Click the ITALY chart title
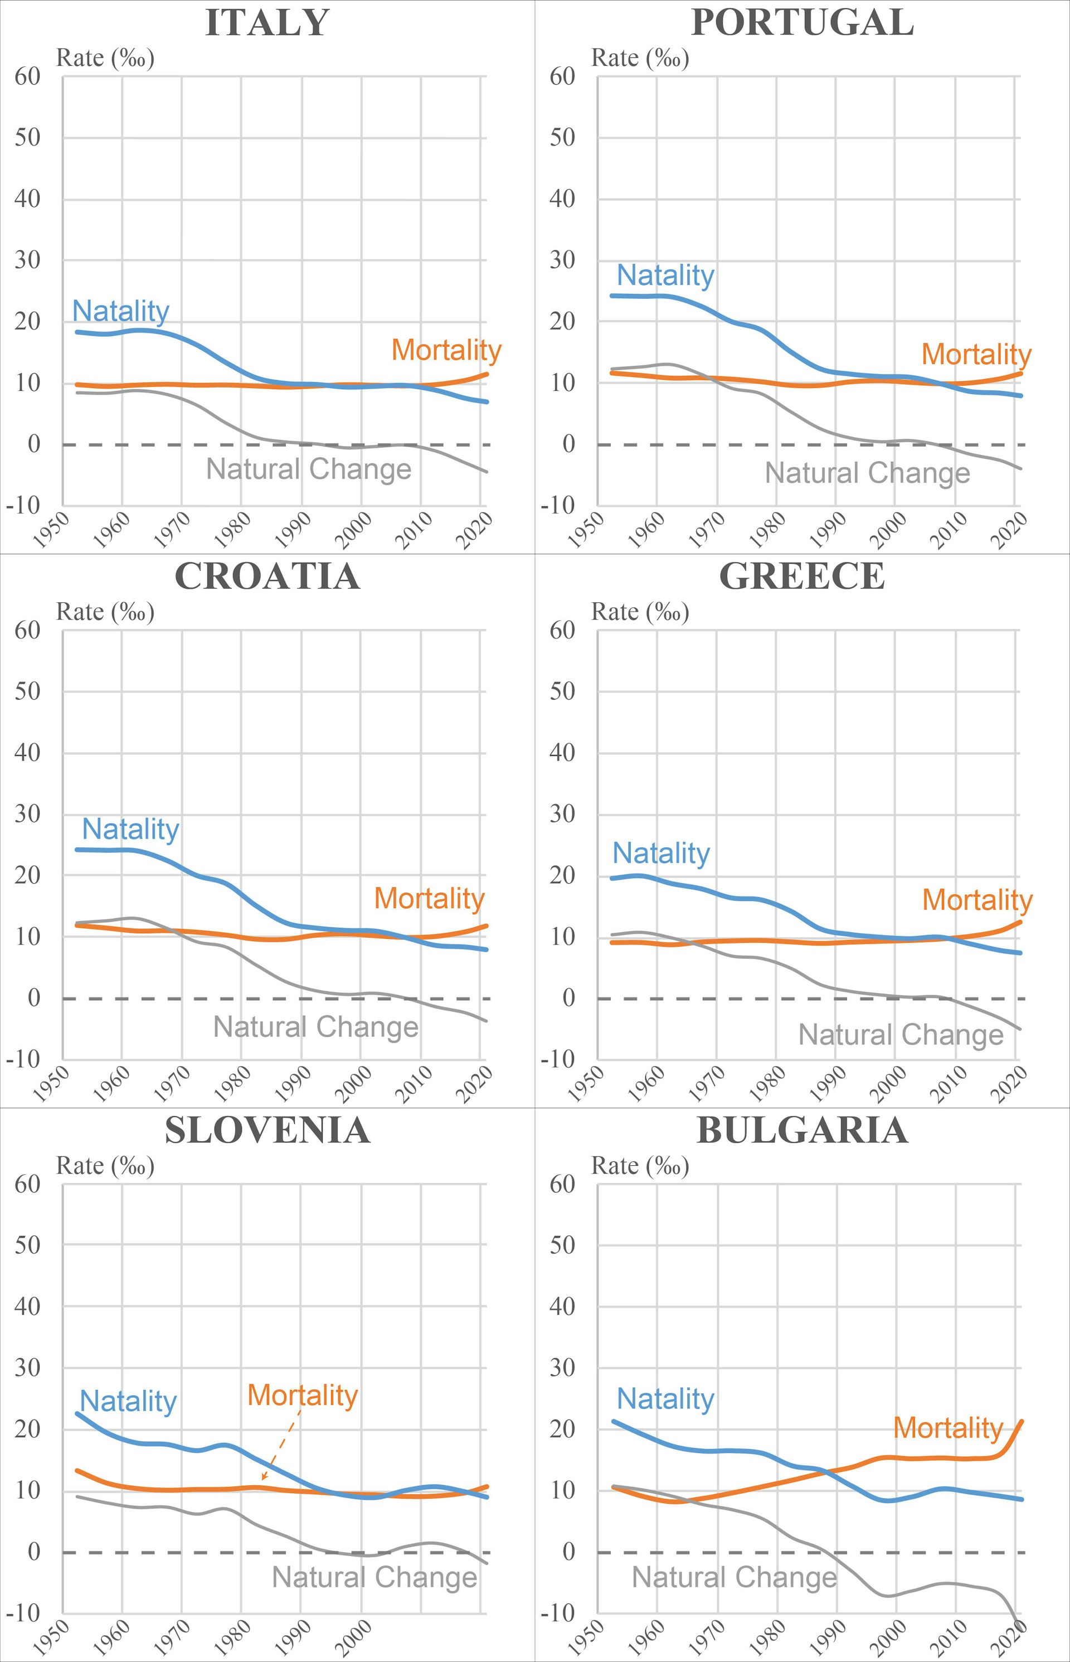[267, 23]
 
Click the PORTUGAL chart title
[802, 23]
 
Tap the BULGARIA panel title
[802, 1130]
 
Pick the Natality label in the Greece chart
[661, 853]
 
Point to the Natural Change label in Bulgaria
[735, 1577]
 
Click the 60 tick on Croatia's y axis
[28, 631]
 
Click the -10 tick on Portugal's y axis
[558, 505]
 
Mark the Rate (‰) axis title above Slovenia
[105, 1166]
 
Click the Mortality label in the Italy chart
[446, 350]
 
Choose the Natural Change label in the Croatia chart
[315, 1026]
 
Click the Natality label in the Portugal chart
[665, 275]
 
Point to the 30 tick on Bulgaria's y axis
[563, 1367]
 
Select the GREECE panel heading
[802, 577]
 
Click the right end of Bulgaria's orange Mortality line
[1020, 1422]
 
